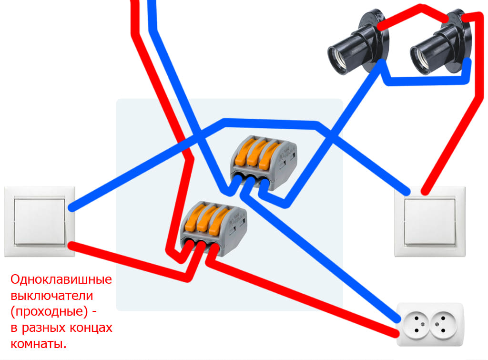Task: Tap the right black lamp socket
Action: pos(438,48)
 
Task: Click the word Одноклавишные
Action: pos(61,279)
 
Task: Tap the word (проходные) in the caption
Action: pos(48,312)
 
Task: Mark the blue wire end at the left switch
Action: pos(71,208)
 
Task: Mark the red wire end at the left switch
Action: pos(71,245)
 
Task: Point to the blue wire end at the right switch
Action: pos(407,192)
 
